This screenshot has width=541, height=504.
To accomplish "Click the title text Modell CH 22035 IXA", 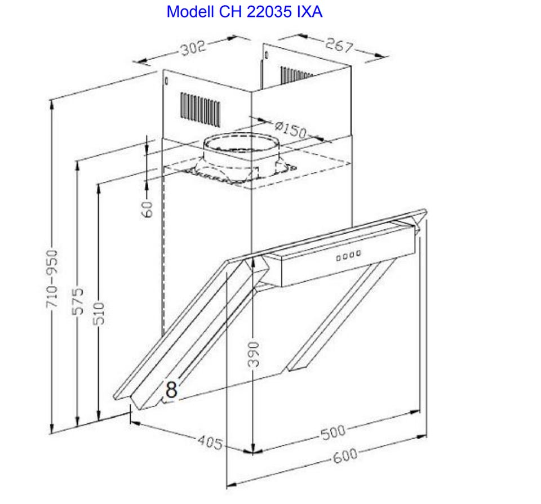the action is (244, 12).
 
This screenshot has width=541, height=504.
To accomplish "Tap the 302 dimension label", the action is (193, 47).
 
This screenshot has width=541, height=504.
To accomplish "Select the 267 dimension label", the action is (339, 45).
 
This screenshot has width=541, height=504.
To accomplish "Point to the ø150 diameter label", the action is (291, 129).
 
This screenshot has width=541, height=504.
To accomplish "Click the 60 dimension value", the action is (147, 209).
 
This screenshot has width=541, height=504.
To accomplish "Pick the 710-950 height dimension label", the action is (52, 279).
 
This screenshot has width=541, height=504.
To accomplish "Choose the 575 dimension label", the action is (78, 301).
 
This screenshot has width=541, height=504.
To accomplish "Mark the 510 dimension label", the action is (99, 313).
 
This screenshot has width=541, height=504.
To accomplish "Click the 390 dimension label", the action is (253, 355).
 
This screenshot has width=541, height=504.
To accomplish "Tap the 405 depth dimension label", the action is (210, 442).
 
